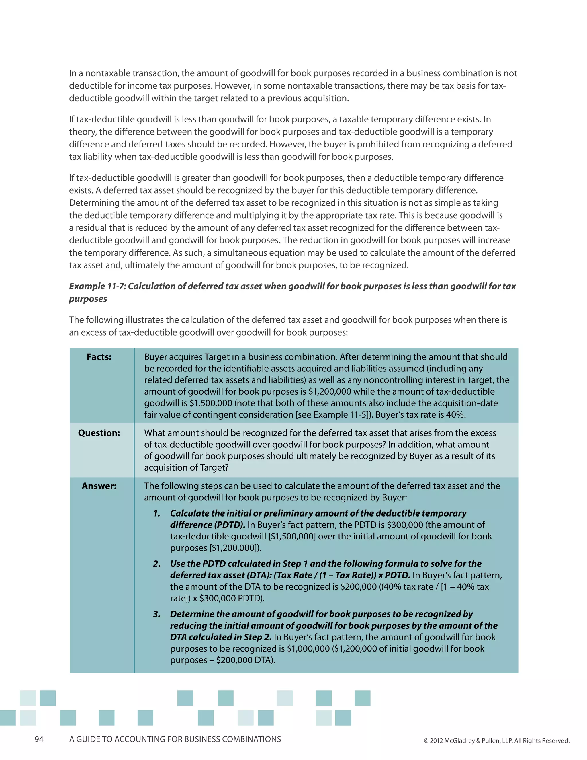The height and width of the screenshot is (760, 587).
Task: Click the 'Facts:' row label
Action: click(x=99, y=357)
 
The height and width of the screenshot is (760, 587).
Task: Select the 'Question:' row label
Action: click(x=99, y=433)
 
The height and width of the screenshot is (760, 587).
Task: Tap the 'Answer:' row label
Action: click(x=99, y=486)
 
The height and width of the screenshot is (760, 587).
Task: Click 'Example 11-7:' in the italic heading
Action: click(x=97, y=286)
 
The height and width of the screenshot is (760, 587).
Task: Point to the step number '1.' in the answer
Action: click(x=157, y=513)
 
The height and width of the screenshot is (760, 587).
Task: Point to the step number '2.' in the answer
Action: click(x=157, y=563)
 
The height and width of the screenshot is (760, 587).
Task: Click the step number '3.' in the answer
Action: click(x=157, y=614)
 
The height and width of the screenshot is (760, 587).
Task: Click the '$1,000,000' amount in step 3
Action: click(x=308, y=648)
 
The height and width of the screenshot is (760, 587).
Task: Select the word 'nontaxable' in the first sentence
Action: click(x=108, y=73)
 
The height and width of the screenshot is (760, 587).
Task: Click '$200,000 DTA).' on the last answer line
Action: click(x=246, y=660)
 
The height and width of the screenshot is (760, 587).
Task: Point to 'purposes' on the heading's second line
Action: click(x=88, y=299)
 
